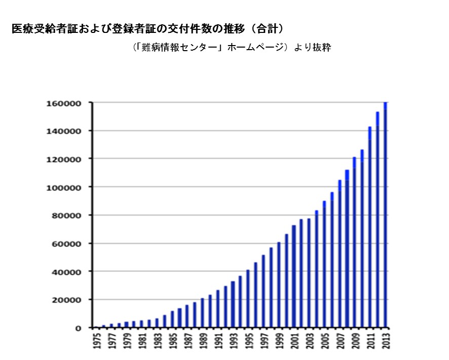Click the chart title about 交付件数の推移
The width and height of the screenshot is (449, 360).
tap(147, 29)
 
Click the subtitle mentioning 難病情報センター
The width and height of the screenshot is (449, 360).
tap(231, 48)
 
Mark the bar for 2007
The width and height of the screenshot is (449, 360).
tap(340, 254)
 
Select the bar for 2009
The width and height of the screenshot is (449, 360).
tap(355, 243)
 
